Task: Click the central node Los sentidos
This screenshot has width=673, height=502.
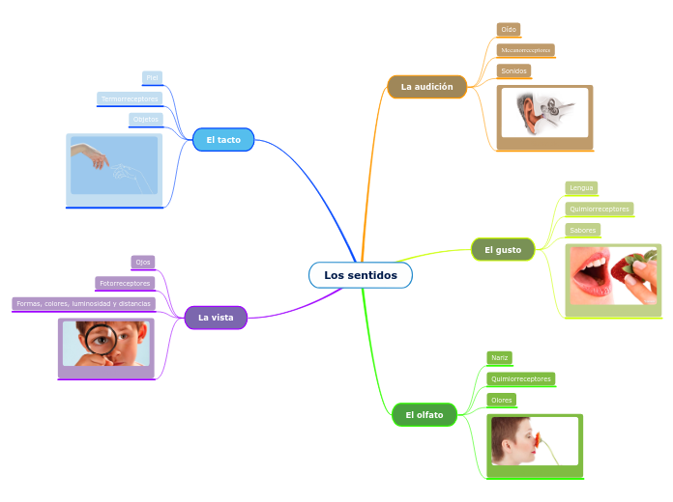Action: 360,275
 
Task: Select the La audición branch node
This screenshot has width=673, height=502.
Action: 426,87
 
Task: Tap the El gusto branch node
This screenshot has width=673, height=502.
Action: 502,250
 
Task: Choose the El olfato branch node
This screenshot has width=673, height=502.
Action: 424,415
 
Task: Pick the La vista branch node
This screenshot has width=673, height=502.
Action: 216,317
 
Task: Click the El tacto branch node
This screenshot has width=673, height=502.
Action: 222,140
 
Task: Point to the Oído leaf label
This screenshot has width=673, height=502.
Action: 509,30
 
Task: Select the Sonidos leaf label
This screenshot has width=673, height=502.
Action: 514,71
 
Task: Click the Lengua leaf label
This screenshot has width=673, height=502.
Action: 581,187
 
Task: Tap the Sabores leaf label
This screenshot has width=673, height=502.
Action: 582,230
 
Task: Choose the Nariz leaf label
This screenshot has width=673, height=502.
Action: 499,357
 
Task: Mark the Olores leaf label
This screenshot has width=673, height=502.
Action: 501,400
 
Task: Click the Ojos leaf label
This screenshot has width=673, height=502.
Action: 143,262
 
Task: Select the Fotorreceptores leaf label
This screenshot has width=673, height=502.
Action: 125,283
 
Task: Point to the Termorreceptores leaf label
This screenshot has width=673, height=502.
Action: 130,98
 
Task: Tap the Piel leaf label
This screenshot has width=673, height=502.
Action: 152,77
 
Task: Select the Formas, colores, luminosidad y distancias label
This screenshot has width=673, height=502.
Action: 83,304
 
